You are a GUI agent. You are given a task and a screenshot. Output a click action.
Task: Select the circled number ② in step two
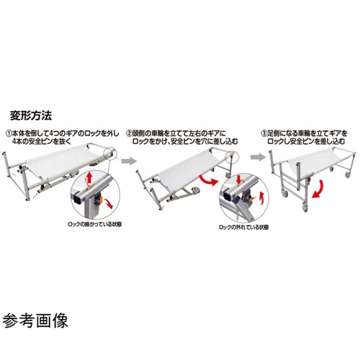click(x=130, y=132)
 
